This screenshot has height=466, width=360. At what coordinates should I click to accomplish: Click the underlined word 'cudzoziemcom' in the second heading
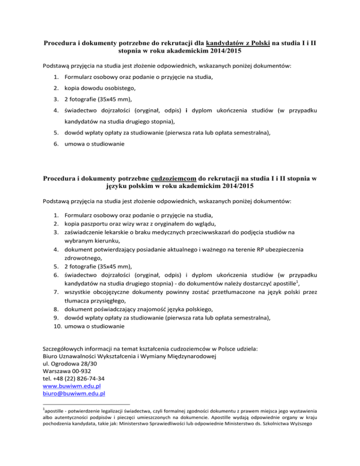pyautogui.click(x=176, y=179)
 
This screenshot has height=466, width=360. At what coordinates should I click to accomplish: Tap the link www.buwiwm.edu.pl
pyautogui.click(x=72, y=386)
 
